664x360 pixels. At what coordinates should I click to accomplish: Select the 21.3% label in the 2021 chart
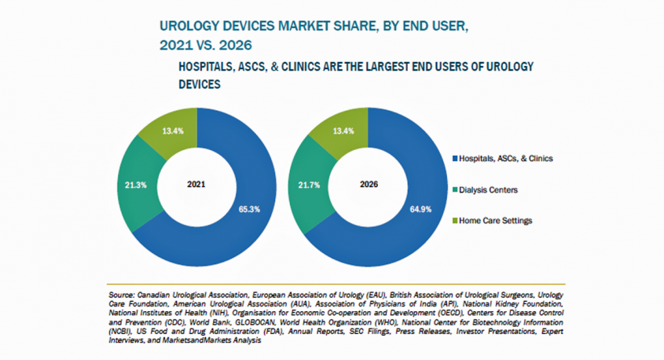point(136,185)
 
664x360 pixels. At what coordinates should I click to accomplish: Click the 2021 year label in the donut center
point(197,185)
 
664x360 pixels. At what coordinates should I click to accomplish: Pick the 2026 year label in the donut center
point(369,185)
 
